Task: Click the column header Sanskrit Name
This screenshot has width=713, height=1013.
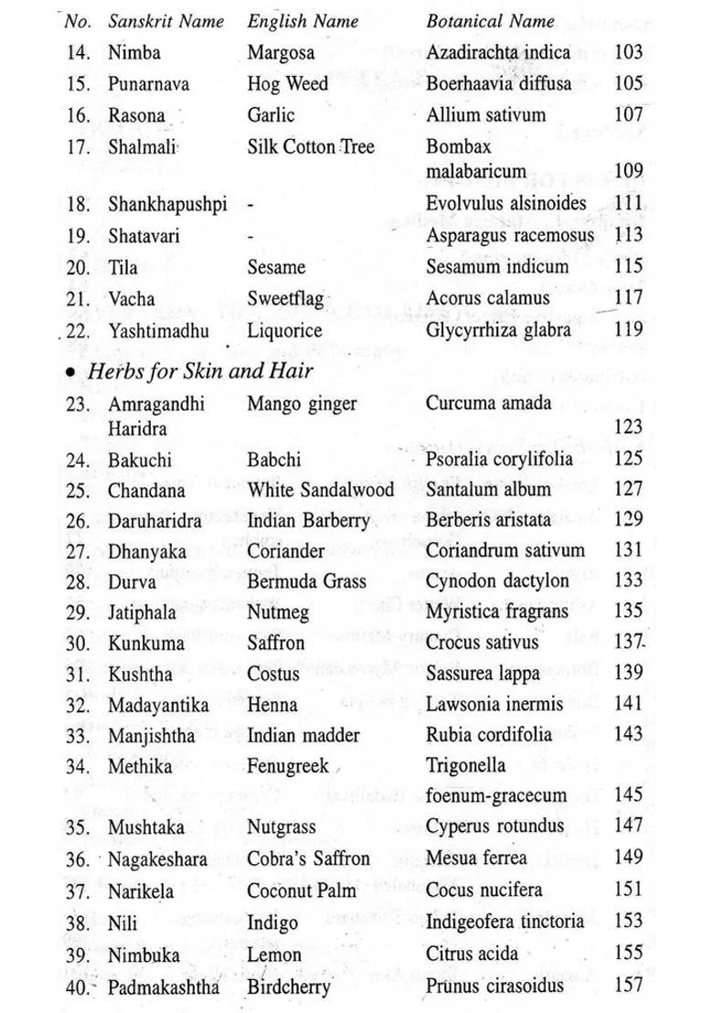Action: pyautogui.click(x=165, y=20)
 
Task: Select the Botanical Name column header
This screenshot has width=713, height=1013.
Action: pyautogui.click(x=490, y=20)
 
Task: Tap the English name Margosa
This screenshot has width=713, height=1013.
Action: pyautogui.click(x=281, y=53)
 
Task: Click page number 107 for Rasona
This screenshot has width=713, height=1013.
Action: pyautogui.click(x=629, y=115)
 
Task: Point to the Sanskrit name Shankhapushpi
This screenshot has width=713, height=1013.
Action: pyautogui.click(x=167, y=205)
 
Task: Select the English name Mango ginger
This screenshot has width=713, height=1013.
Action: pyautogui.click(x=302, y=403)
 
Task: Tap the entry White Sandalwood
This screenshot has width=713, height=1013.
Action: pyautogui.click(x=321, y=489)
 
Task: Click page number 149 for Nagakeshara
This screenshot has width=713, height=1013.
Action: pyautogui.click(x=630, y=858)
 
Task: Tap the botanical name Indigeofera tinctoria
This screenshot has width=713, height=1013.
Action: pyautogui.click(x=505, y=922)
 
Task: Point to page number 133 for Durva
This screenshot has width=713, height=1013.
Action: pyautogui.click(x=630, y=581)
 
